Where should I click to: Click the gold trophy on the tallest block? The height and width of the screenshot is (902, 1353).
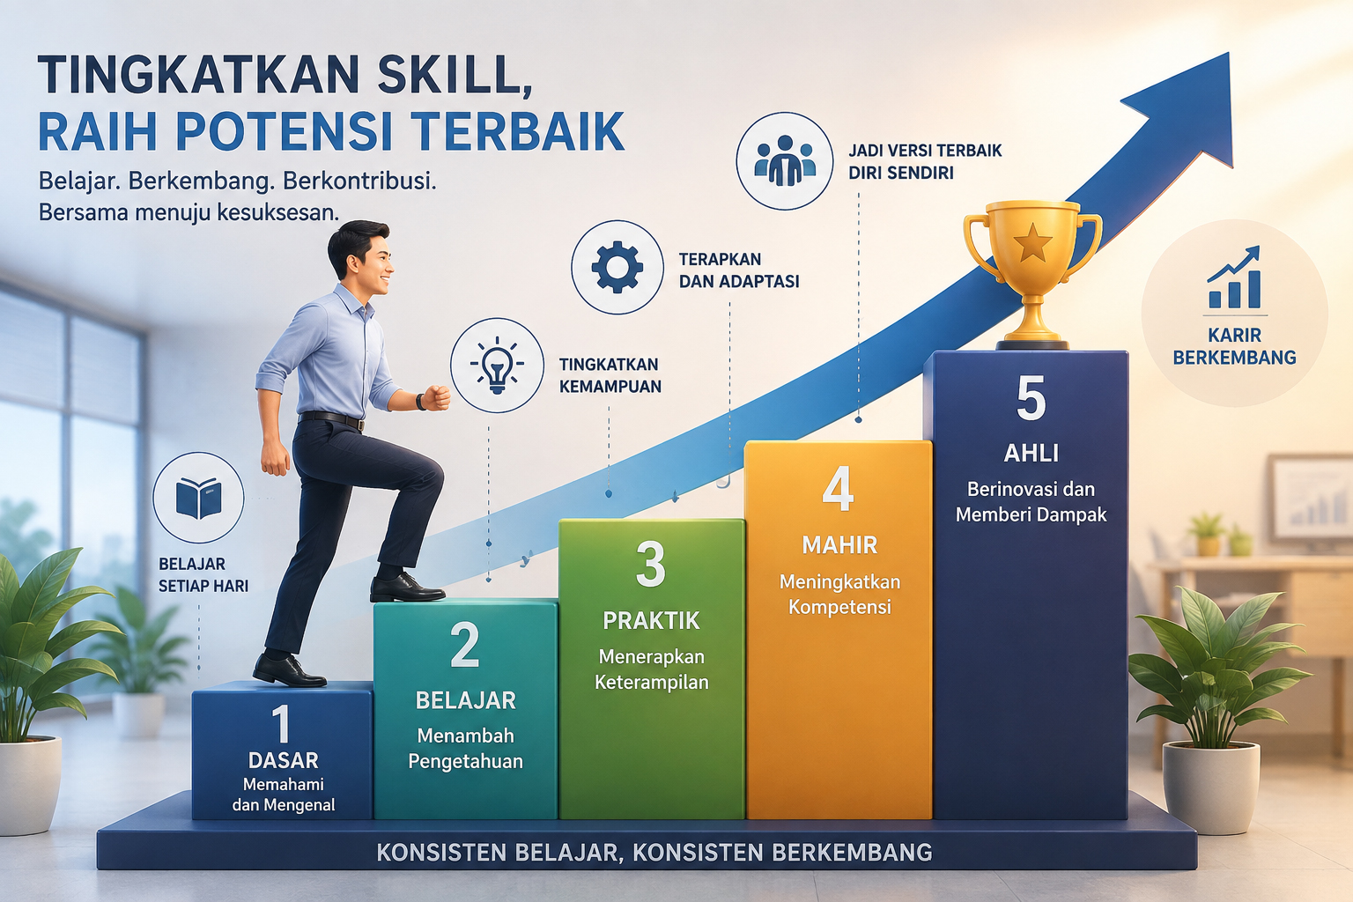pos(1032,275)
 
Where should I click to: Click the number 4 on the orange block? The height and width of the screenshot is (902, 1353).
pos(839,489)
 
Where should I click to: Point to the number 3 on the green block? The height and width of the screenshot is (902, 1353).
pos(651,564)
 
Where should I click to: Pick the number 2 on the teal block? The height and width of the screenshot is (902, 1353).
pos(465,645)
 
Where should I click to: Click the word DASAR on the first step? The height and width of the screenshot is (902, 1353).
pos(284,760)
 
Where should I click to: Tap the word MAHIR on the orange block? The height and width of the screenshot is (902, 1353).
pos(839,545)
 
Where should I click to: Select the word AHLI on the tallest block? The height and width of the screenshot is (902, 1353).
pos(1031,453)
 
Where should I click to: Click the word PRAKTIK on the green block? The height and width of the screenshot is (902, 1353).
pos(651,620)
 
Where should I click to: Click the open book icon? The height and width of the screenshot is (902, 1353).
pos(198,499)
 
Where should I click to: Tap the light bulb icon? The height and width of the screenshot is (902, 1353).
pos(497,366)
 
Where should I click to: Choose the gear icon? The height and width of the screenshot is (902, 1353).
pos(617,267)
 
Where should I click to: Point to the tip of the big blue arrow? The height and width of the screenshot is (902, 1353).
pos(1229,53)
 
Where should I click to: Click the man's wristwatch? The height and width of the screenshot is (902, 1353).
pos(420,402)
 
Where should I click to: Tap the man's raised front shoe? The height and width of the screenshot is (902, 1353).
pos(406,588)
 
